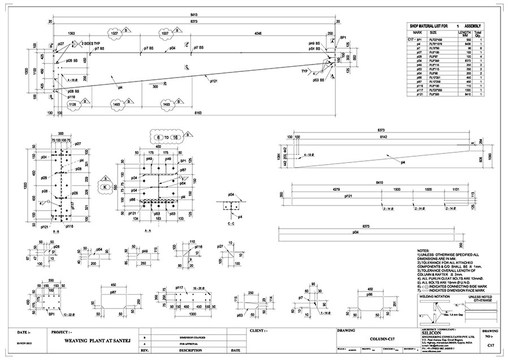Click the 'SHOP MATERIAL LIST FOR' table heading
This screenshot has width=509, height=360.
(x=435, y=27)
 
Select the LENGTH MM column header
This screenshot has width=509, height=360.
(x=465, y=35)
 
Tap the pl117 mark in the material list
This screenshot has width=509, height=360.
(x=419, y=89)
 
